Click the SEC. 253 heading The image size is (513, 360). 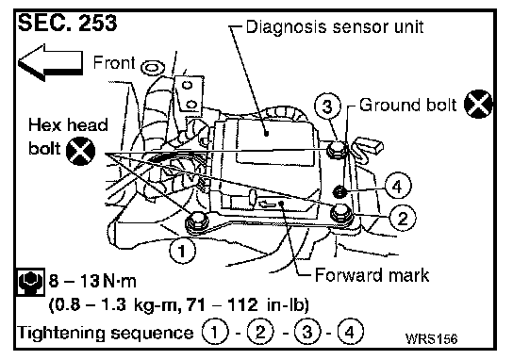67,23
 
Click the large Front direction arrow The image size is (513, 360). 50,63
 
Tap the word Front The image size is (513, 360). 114,62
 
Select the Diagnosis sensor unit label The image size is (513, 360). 335,26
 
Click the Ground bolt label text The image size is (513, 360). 407,105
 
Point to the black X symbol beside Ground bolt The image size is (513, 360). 478,104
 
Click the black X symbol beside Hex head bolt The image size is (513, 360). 80,151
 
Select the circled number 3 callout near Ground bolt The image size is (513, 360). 327,106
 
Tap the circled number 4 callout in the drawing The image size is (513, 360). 398,186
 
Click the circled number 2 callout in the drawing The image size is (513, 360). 403,218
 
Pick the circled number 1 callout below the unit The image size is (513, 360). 182,251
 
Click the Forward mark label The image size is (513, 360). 372,275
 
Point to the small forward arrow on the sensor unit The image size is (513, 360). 268,205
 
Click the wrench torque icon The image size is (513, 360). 29,282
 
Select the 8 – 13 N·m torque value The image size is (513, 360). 92,281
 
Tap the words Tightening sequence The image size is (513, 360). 106,333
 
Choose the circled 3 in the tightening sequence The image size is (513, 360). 307,332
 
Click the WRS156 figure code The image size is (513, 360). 431,338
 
